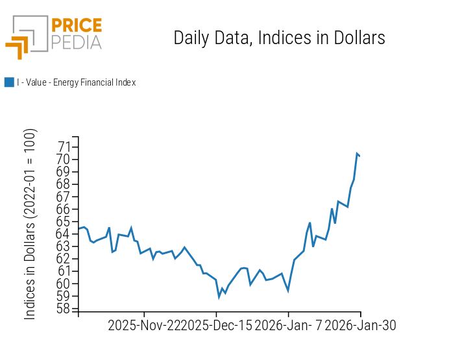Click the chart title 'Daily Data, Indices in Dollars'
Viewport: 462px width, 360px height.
(279, 38)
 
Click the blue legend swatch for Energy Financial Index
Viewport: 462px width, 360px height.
(9, 82)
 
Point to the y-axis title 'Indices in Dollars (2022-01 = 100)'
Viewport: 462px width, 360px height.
(30, 224)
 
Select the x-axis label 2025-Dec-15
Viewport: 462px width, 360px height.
(216, 325)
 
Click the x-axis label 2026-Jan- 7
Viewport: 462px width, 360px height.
(287, 325)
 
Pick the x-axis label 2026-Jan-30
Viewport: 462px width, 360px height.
(360, 325)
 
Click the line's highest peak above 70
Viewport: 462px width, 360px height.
(357, 153)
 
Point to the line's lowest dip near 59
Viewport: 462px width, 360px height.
(219, 297)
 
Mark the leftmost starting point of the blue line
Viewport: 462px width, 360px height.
(79, 228)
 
